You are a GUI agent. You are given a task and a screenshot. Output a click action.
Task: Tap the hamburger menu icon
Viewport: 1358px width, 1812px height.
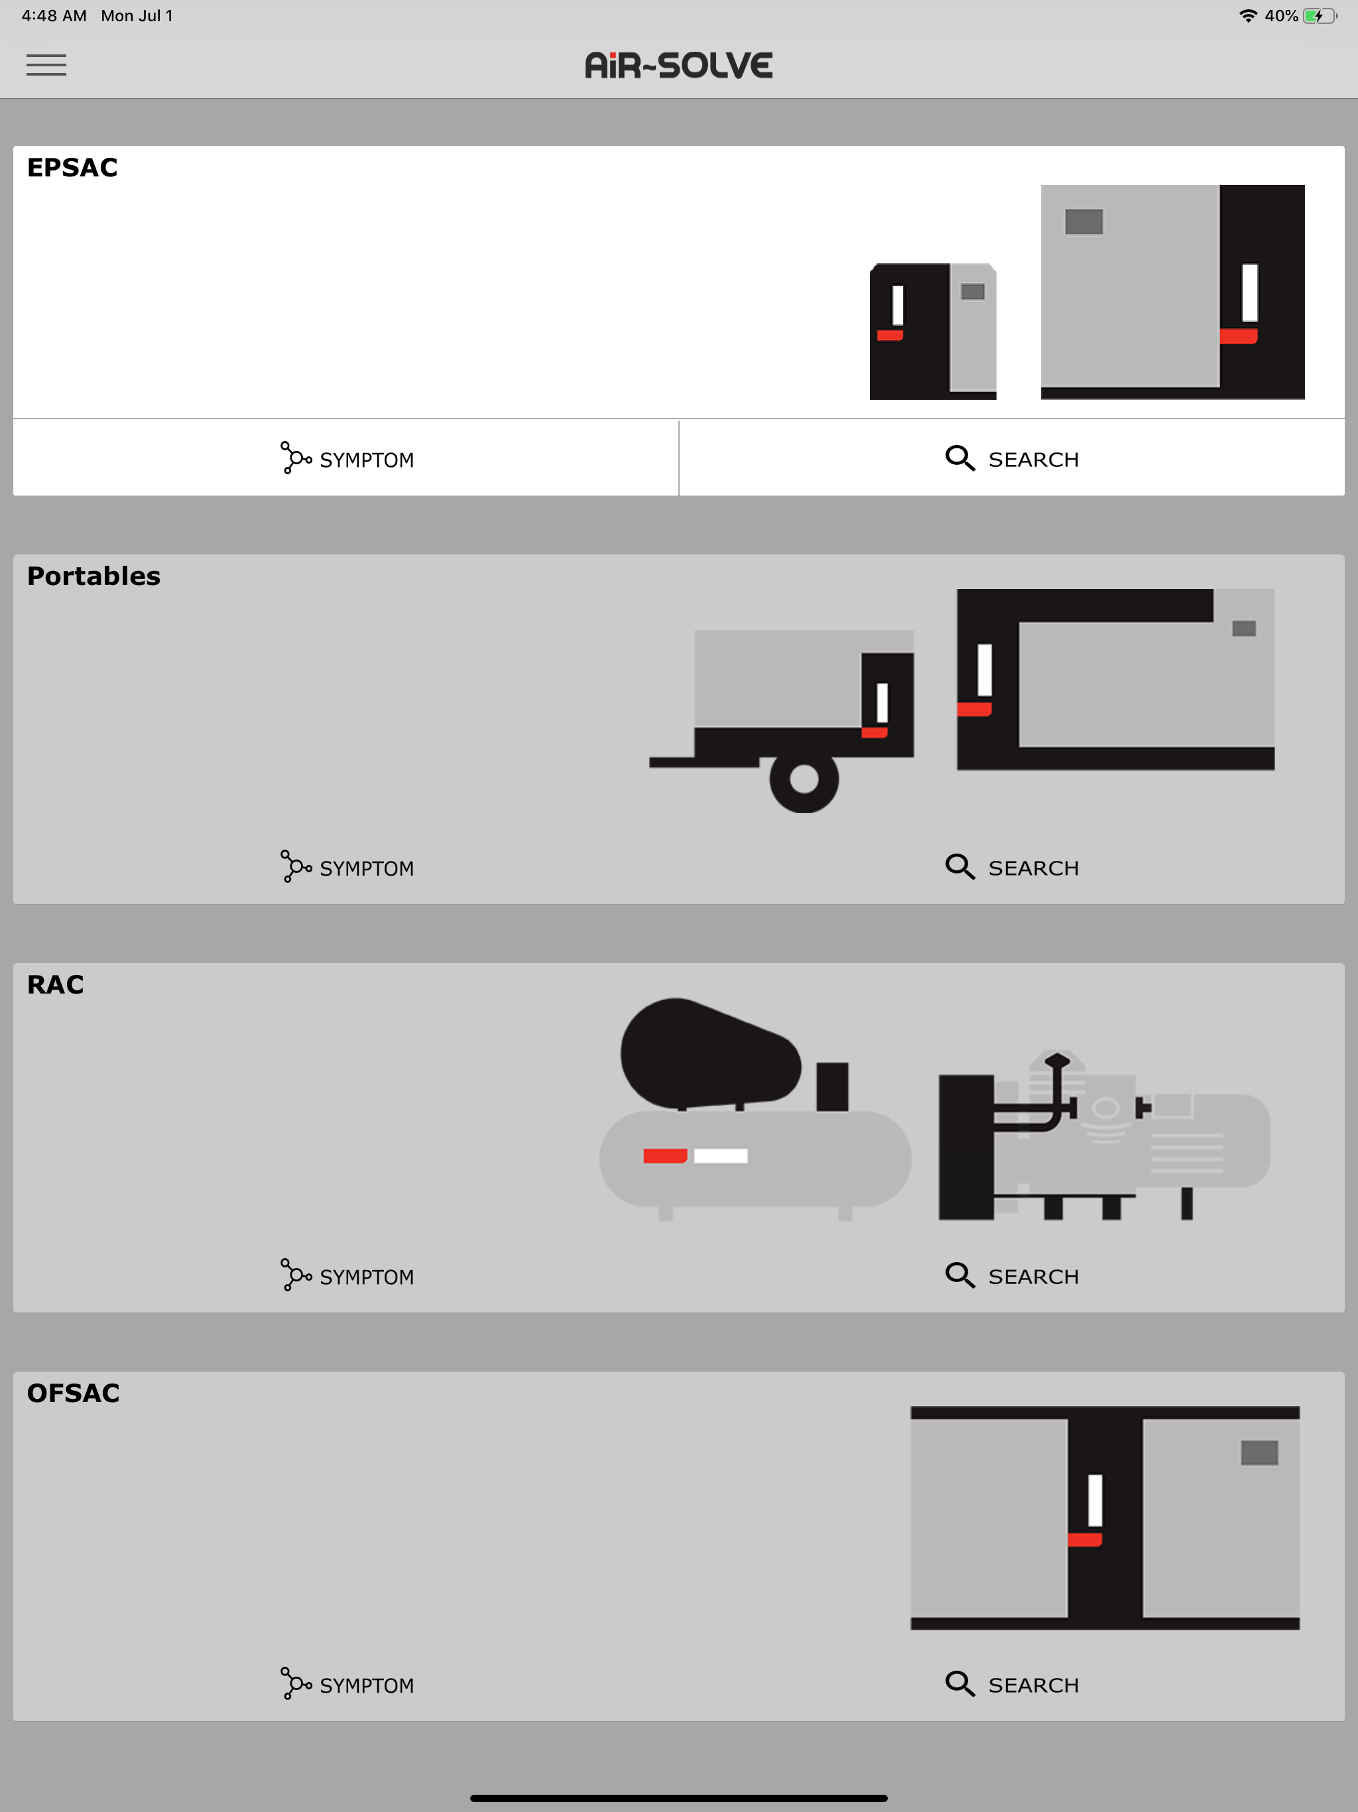pyautogui.click(x=46, y=65)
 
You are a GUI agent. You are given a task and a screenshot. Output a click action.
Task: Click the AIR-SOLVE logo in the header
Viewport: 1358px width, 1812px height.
pyautogui.click(x=678, y=66)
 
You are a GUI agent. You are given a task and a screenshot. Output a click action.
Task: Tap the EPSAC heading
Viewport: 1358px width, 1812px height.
pyautogui.click(x=72, y=167)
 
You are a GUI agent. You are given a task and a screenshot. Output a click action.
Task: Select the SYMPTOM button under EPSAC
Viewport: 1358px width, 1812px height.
pyautogui.click(x=346, y=459)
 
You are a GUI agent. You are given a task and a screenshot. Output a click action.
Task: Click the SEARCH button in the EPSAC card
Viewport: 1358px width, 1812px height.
pyautogui.click(x=1012, y=459)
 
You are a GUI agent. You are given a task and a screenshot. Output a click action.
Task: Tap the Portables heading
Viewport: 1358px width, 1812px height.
pyautogui.click(x=93, y=576)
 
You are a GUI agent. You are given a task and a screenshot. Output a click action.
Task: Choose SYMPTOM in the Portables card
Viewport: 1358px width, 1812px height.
pyautogui.click(x=346, y=868)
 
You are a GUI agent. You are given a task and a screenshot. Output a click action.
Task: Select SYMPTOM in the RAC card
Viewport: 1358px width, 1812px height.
pyautogui.click(x=346, y=1275)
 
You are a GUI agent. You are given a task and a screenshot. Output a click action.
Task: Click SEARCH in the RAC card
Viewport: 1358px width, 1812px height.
pyautogui.click(x=1012, y=1275)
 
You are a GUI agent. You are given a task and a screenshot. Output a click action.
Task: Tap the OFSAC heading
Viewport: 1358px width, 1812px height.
pyautogui.click(x=73, y=1393)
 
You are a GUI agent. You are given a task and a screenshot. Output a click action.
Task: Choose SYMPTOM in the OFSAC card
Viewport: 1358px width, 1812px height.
pyautogui.click(x=346, y=1684)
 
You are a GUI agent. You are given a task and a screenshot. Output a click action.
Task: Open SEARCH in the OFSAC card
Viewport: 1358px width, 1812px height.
pyautogui.click(x=1012, y=1684)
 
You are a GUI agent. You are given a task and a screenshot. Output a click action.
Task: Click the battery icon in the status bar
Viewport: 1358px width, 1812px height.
pyautogui.click(x=1320, y=15)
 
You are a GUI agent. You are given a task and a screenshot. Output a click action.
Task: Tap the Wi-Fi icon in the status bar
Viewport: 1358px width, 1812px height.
pyautogui.click(x=1247, y=15)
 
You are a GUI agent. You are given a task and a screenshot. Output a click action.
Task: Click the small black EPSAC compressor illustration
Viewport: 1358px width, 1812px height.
pyautogui.click(x=933, y=331)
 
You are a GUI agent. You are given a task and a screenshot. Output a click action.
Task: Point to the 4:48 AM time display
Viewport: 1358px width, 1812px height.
pyautogui.click(x=54, y=15)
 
